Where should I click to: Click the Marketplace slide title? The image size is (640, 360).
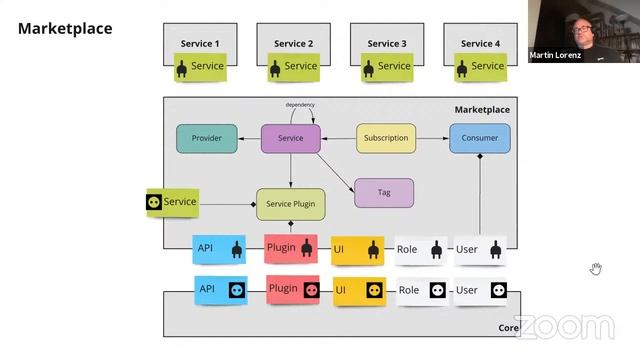[65, 29]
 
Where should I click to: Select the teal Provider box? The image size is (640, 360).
[206, 138]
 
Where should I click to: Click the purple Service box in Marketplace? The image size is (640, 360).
[290, 138]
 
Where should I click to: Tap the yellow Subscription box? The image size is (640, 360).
[386, 138]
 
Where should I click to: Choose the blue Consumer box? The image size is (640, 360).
[479, 138]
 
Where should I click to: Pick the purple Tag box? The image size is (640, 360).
[384, 192]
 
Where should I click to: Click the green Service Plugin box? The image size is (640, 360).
[290, 203]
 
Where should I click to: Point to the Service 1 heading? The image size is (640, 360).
[200, 44]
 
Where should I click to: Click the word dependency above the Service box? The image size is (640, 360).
[300, 105]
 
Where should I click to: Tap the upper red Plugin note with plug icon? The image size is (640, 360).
[292, 248]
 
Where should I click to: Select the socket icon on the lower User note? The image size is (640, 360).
[497, 291]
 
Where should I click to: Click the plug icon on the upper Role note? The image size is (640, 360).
[436, 249]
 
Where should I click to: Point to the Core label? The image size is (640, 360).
[508, 328]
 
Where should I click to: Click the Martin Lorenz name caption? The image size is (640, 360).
[555, 55]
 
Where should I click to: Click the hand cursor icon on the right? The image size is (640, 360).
[595, 268]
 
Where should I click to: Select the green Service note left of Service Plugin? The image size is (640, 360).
[172, 202]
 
